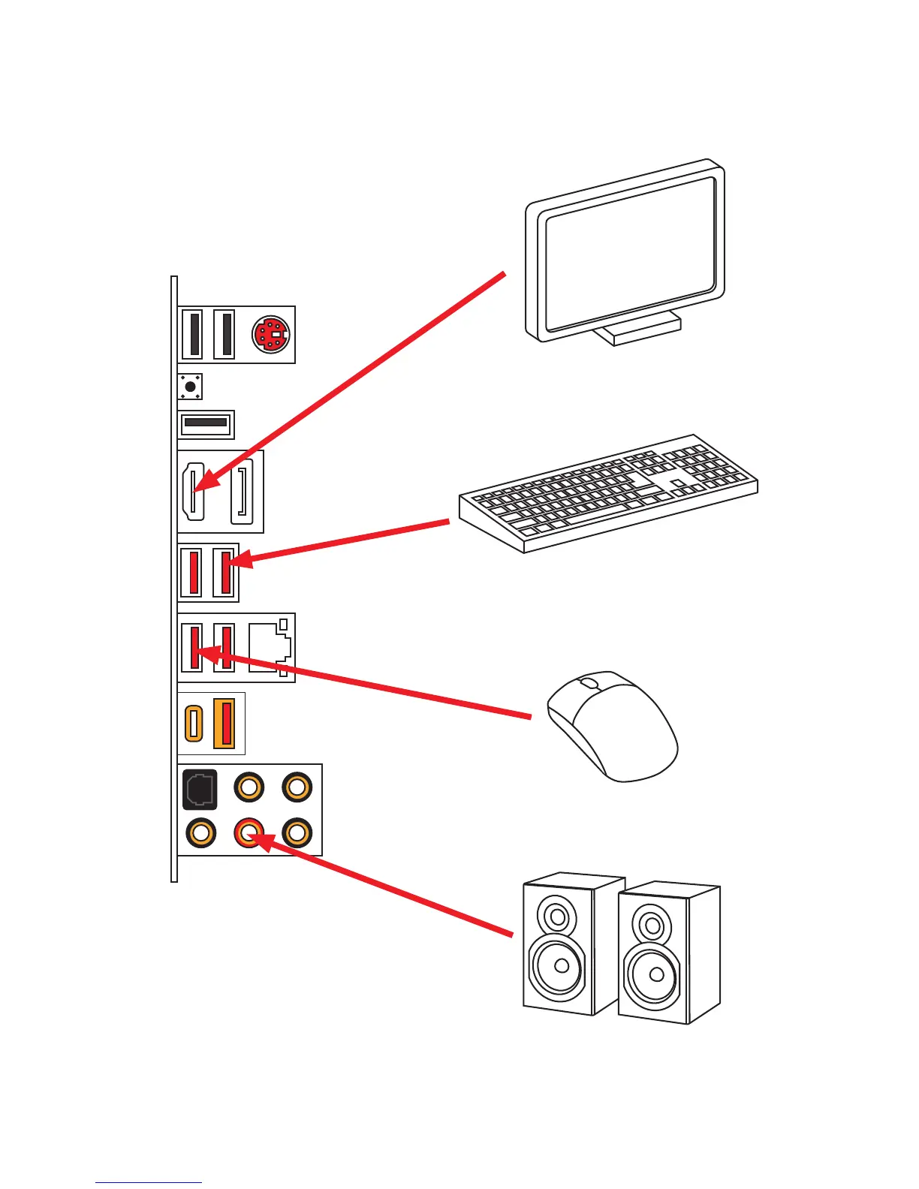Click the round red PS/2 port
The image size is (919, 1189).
click(x=271, y=334)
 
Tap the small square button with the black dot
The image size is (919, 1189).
click(x=190, y=387)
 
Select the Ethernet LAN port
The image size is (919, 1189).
click(x=270, y=647)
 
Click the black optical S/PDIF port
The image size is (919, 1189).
click(x=200, y=789)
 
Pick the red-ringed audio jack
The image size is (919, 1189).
click(x=249, y=832)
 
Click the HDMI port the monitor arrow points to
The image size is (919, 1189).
click(x=193, y=492)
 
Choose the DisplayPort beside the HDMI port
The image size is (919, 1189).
click(x=243, y=492)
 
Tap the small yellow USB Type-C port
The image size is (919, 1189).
click(x=193, y=723)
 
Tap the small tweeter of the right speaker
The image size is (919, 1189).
click(x=652, y=926)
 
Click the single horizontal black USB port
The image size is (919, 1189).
click(x=206, y=423)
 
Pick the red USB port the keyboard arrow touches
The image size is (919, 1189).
click(x=224, y=573)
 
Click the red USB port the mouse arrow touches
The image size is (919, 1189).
click(x=194, y=647)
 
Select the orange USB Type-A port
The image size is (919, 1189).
click(x=224, y=723)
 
